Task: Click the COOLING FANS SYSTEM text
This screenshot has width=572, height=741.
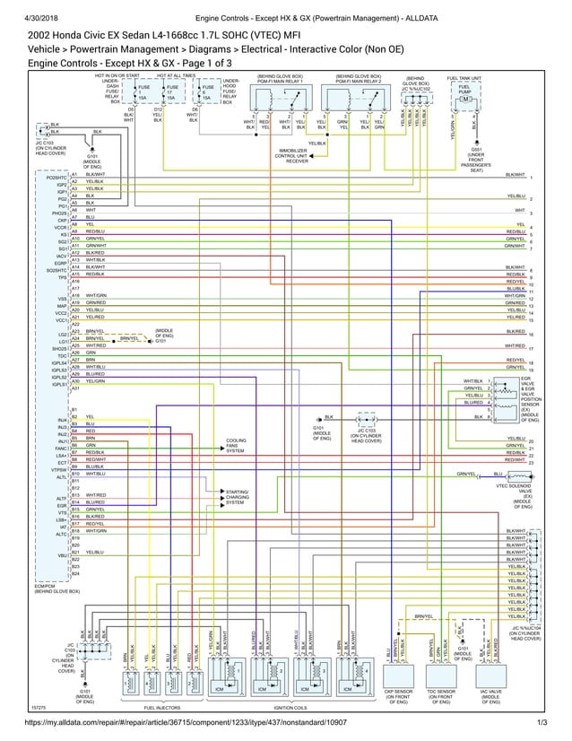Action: [236, 445]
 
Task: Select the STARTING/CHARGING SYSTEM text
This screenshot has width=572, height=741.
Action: [238, 497]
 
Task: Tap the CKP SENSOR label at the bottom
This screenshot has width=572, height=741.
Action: [399, 696]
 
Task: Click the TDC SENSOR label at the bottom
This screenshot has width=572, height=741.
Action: [440, 696]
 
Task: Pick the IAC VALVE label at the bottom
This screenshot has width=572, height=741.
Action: [490, 696]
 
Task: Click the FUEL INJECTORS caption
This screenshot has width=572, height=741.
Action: [161, 708]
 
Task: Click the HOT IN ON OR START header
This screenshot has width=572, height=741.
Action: [117, 76]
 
